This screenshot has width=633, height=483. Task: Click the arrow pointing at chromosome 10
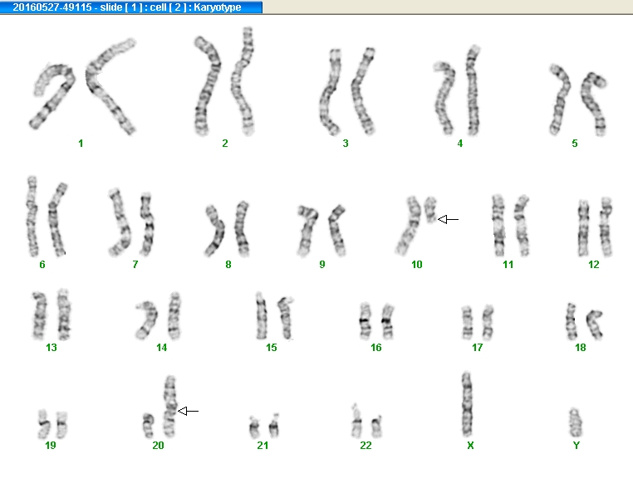click(448, 219)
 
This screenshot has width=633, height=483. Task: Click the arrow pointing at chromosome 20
click(188, 412)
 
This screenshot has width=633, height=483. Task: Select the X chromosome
click(467, 404)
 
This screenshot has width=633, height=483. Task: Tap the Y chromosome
click(575, 423)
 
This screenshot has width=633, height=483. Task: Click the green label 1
click(81, 143)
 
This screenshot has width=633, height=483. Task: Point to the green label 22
click(366, 445)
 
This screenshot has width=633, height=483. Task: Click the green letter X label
click(470, 445)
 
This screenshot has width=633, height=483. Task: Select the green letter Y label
click(576, 445)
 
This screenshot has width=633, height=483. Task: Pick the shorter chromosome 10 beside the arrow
click(430, 209)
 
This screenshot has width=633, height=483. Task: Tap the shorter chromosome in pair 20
click(148, 426)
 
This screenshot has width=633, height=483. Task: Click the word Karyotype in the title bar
click(217, 7)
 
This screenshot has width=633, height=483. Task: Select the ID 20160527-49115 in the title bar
click(52, 7)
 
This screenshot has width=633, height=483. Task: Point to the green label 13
click(52, 347)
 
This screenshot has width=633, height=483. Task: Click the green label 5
click(575, 143)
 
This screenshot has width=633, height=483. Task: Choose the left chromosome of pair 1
click(52, 97)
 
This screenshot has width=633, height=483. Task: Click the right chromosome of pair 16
click(388, 321)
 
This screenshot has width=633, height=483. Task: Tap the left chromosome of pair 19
click(43, 424)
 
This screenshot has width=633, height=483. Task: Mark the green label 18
click(580, 347)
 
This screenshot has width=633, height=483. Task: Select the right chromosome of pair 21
click(274, 426)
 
